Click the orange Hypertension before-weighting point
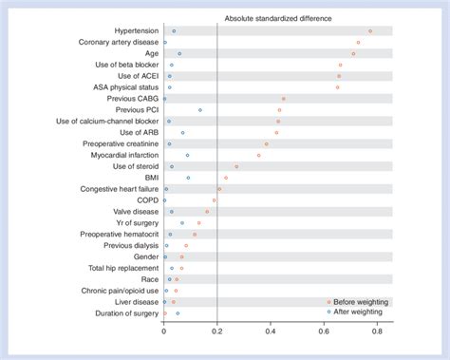370,31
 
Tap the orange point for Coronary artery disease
358,43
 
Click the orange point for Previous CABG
283,99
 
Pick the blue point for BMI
188,178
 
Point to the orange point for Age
353,54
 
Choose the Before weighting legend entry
361,301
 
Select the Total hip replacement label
123,268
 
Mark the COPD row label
146,200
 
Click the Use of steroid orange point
236,166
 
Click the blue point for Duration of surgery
178,313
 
